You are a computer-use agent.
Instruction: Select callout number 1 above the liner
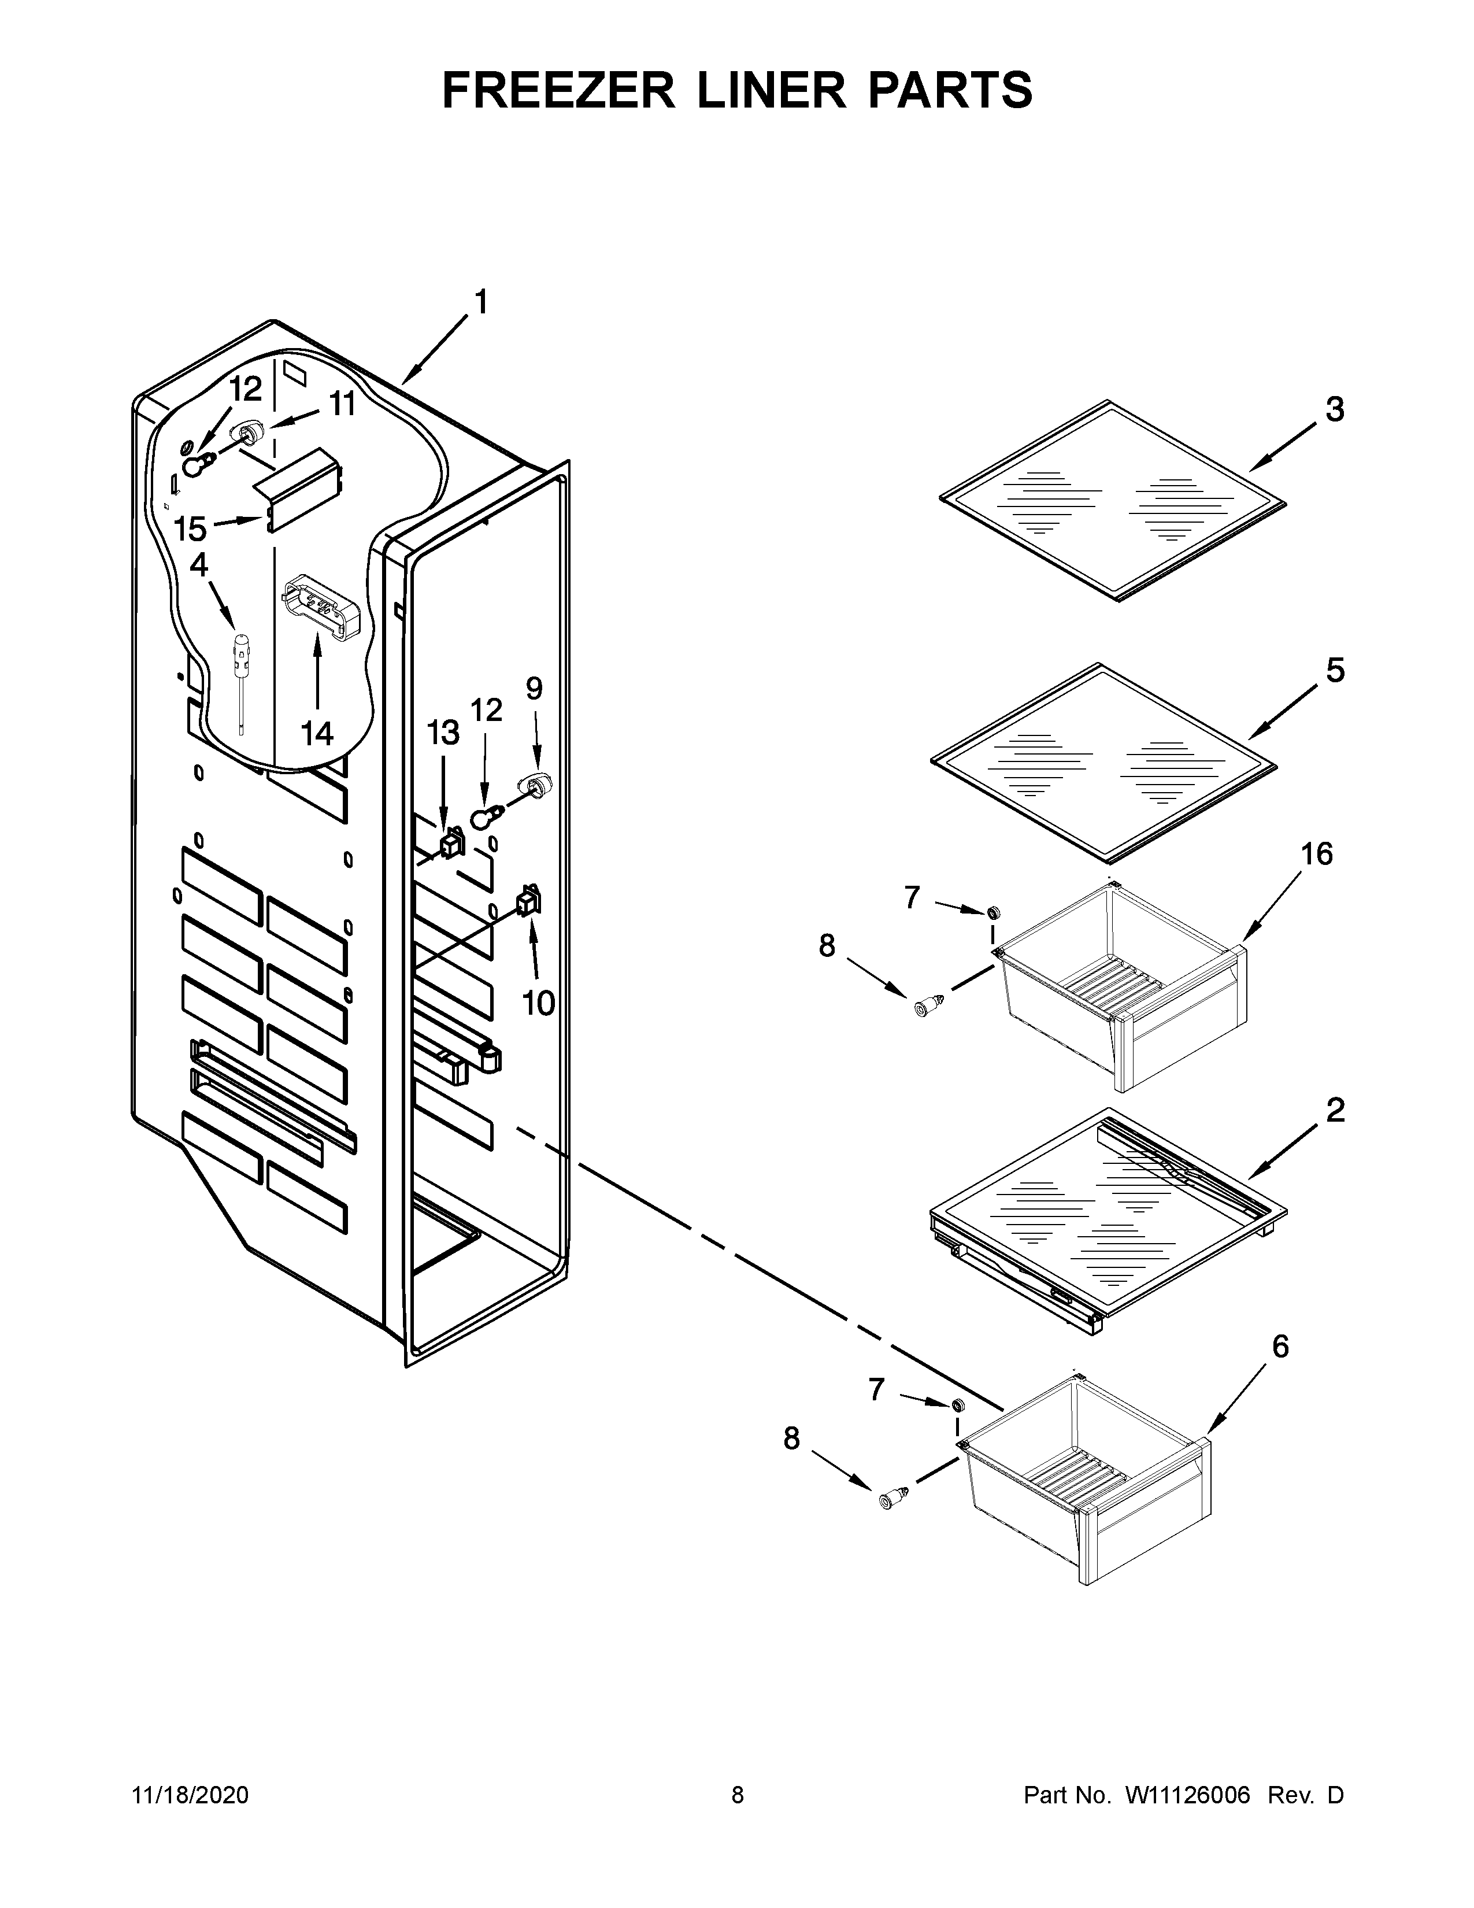pos(480,302)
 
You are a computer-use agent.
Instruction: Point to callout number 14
pos(317,733)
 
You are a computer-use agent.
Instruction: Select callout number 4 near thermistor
pos(199,565)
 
